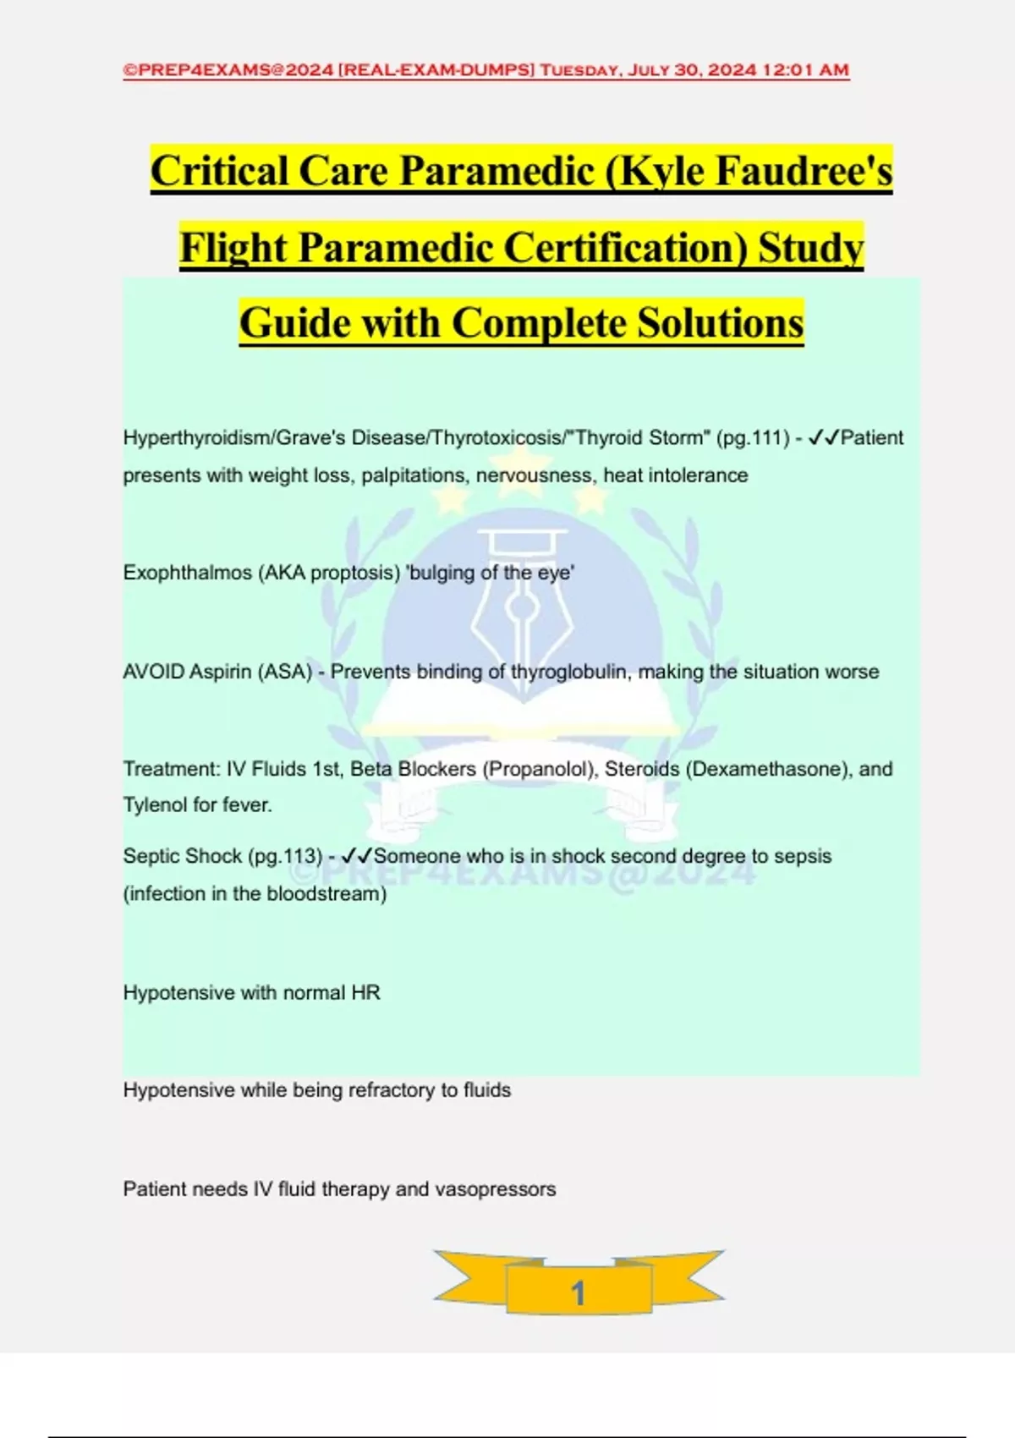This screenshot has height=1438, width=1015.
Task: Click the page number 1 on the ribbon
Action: pos(579,1293)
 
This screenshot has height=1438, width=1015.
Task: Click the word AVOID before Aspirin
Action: pos(153,672)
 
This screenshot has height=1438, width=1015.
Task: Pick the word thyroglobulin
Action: pos(569,672)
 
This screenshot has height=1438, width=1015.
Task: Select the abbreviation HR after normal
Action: pos(365,992)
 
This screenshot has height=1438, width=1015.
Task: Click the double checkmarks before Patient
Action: pos(823,438)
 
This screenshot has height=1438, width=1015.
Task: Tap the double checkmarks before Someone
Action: pos(356,856)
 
